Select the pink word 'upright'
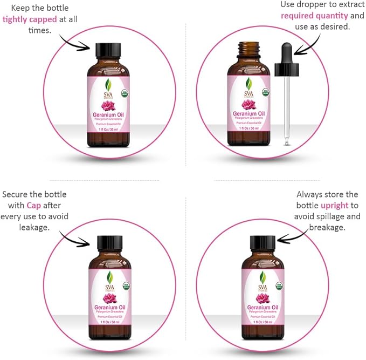(335, 205)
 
